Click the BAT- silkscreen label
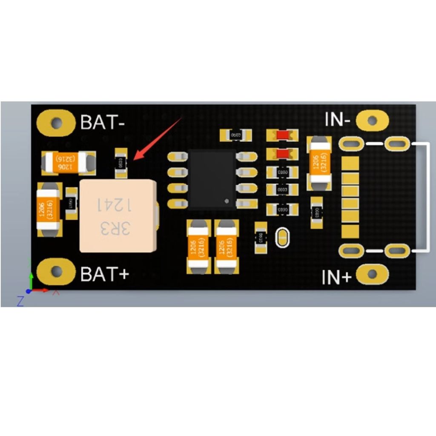[103, 123]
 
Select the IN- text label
[338, 120]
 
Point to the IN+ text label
[336, 277]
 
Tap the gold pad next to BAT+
[56, 272]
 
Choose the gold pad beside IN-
[373, 120]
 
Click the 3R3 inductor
[117, 216]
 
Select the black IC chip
[212, 179]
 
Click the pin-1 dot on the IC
[227, 200]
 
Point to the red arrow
[158, 138]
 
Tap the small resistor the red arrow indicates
[121, 163]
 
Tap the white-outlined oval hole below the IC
[282, 238]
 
